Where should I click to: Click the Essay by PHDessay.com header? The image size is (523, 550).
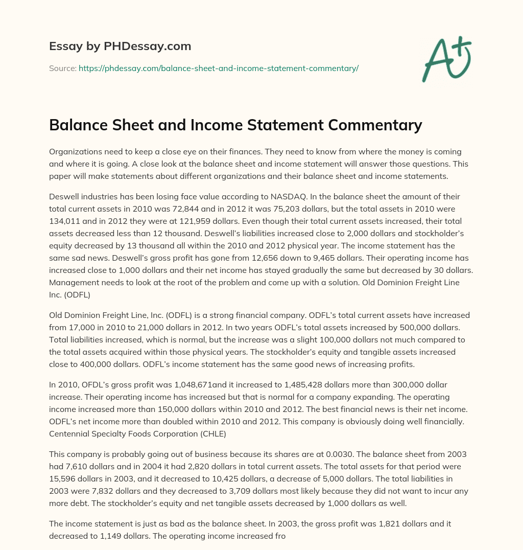[x=120, y=47]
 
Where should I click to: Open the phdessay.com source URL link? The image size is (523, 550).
[x=219, y=68]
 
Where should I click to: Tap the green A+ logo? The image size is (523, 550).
[x=446, y=58]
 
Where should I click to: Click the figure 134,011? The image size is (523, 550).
[x=65, y=221]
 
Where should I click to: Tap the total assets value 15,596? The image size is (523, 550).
[x=65, y=479]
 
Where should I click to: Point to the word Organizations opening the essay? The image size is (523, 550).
[x=75, y=152]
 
